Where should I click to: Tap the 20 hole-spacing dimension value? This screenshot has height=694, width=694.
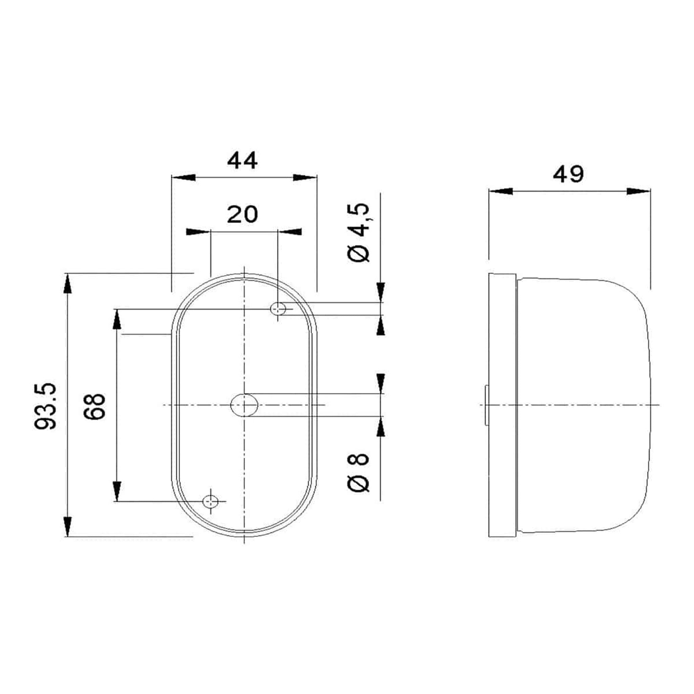[243, 215]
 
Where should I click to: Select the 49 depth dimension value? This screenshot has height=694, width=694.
[568, 175]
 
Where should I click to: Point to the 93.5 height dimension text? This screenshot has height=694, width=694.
[46, 406]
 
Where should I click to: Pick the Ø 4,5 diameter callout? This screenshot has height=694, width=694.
[359, 233]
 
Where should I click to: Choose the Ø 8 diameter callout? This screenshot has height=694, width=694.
[359, 472]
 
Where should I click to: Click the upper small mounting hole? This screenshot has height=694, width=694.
[278, 309]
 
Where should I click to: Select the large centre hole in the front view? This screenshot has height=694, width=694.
[244, 405]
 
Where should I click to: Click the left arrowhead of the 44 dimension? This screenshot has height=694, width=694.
[183, 178]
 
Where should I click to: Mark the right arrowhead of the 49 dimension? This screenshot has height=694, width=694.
[639, 191]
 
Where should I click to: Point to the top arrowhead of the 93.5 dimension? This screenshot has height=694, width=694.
[67, 284]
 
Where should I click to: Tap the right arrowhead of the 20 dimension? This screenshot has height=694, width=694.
[290, 232]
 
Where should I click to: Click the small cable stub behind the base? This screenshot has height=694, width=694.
[486, 405]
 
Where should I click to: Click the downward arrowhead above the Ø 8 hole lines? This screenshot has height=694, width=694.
[381, 383]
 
